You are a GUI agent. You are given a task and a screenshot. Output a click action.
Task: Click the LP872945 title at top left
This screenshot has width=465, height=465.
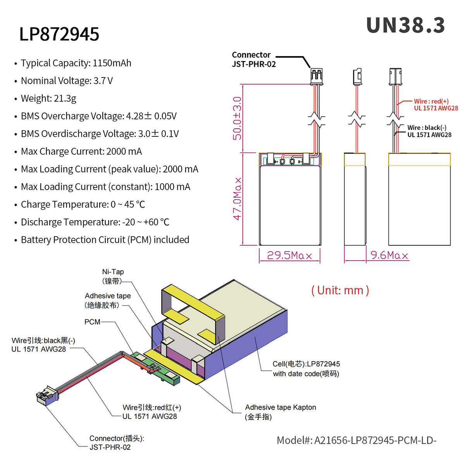59,34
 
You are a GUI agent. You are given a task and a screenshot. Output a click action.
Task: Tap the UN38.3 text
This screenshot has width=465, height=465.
405,26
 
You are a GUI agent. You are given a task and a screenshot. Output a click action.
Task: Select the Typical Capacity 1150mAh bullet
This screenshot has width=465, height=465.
76,63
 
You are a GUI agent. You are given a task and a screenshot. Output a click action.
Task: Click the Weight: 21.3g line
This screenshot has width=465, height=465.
48,98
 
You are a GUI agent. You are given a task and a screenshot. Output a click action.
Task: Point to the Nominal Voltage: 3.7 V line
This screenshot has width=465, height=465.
67,81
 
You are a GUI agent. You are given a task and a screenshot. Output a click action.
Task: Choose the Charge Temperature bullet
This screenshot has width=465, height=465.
83,205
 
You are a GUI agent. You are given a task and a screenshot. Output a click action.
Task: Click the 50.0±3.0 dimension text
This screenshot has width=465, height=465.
237,118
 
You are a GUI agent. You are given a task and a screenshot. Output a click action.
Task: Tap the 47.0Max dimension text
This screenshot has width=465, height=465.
237,199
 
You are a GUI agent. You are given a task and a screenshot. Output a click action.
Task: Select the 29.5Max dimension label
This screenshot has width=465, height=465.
289,255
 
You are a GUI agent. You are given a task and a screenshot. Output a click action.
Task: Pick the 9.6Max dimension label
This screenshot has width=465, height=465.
389,255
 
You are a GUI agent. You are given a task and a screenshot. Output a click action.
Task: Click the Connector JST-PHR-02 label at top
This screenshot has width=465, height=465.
253,60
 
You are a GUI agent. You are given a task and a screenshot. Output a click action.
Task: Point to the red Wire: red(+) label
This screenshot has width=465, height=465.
436,105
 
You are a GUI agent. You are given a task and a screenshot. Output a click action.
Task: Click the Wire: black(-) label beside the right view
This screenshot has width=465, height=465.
429,131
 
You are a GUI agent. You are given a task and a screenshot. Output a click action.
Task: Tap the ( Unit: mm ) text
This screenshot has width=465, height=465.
340,290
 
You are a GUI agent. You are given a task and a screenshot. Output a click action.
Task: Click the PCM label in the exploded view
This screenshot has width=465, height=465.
92,322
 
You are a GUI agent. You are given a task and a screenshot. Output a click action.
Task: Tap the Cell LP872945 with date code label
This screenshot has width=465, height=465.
306,369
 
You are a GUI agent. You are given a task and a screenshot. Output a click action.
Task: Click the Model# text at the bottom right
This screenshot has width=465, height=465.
356,441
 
